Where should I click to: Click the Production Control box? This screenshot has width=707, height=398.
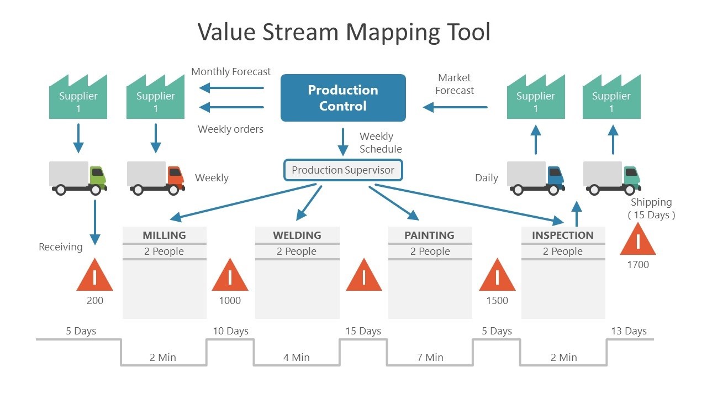point(343,98)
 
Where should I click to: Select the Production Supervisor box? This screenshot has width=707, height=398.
point(343,170)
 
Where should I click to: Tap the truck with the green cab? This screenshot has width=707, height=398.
point(78,177)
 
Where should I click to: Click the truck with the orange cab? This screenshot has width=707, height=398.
point(156,177)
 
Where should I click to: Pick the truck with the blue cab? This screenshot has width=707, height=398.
point(535,177)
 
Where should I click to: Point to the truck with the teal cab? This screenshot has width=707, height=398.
point(612,177)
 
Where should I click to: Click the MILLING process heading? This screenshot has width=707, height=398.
point(164,235)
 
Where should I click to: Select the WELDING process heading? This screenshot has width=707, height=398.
point(297,235)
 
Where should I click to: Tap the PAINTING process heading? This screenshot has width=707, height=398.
point(430,235)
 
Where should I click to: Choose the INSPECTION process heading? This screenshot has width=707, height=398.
point(563,235)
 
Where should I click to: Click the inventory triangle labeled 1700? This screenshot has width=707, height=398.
point(638,241)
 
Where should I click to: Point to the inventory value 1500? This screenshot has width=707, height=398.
point(497,301)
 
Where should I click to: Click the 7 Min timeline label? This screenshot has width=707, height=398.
point(430,358)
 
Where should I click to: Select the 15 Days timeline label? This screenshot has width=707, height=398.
point(363,331)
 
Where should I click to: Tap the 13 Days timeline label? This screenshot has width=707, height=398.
point(629,331)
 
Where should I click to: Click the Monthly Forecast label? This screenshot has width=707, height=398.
point(231,72)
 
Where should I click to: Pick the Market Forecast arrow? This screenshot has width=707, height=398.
point(455,107)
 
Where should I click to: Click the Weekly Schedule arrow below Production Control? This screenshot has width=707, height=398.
point(343,142)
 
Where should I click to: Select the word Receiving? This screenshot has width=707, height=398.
point(60,247)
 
